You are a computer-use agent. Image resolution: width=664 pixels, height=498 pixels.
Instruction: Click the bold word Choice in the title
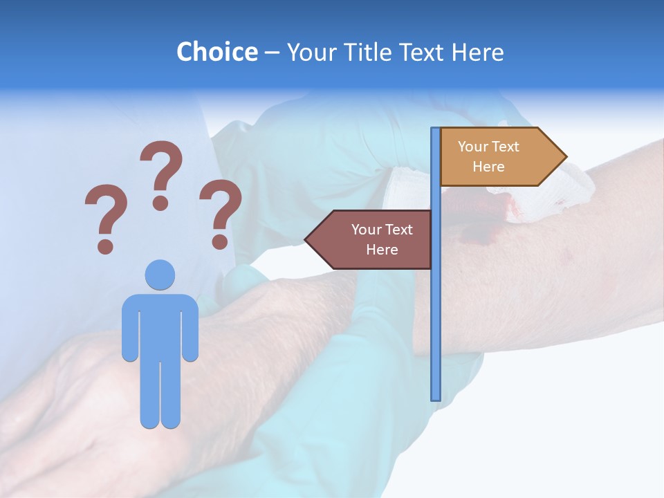pyautogui.click(x=216, y=52)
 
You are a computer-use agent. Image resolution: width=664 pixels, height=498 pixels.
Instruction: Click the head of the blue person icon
pyautogui.click(x=160, y=275)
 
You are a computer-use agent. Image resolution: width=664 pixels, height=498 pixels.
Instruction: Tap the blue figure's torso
pyautogui.click(x=160, y=325)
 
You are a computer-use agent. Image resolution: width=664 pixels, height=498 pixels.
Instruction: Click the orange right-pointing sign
pyautogui.click(x=495, y=157)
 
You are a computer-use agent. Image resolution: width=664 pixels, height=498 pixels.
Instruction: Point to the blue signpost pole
pyautogui.click(x=436, y=311)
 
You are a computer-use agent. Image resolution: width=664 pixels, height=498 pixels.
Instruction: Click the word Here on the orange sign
pyautogui.click(x=488, y=167)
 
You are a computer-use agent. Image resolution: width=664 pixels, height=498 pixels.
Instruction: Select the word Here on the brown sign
pyautogui.click(x=382, y=250)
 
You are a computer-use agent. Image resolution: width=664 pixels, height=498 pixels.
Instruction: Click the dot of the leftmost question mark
pyautogui.click(x=105, y=246)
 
